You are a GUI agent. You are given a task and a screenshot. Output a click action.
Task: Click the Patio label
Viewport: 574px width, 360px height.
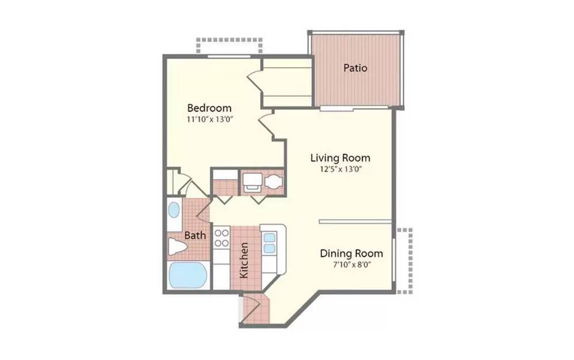355,68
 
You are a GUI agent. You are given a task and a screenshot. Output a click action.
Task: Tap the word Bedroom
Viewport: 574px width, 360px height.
209,108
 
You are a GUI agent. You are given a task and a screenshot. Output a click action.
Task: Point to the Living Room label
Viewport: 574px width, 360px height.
340,158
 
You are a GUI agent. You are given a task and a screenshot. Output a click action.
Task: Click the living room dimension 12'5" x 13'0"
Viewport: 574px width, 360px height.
340,169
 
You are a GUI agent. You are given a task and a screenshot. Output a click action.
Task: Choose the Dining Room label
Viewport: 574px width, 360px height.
351,254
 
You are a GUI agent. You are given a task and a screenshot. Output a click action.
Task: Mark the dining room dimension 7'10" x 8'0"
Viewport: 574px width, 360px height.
351,265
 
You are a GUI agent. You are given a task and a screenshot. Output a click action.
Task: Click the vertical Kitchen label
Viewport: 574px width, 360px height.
244,261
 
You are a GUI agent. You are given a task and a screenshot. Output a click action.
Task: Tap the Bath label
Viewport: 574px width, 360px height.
195,235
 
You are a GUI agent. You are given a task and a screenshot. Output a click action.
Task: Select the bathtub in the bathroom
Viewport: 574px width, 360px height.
188,275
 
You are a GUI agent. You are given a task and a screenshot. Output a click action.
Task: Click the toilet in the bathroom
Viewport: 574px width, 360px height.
177,247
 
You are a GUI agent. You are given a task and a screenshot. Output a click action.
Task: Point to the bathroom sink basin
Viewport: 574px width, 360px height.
174,210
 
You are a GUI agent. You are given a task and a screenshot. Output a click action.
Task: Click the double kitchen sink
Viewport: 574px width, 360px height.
269,243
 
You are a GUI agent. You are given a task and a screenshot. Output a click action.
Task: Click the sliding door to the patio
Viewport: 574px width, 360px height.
337,108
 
